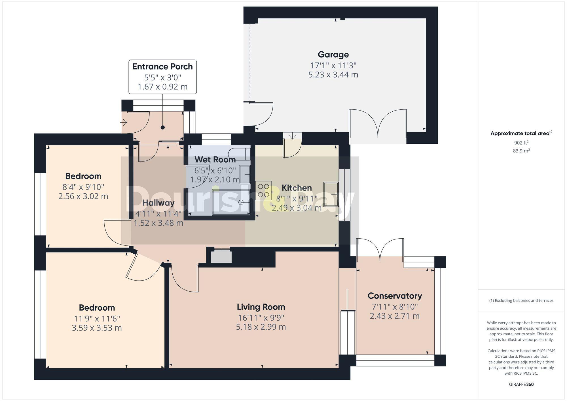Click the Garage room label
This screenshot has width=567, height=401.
pos(333,54)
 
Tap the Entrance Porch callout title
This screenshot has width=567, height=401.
pos(162,67)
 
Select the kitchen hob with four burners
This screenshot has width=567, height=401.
pos(263,190)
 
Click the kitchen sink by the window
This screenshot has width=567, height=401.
pos(331,194)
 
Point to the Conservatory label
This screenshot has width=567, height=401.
pos(395,296)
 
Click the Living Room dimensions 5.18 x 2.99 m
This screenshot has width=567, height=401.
pos(261,327)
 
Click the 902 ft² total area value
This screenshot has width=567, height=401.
pos(521,143)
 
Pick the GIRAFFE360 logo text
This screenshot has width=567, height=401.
pos(521,384)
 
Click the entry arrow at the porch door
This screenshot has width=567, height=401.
pos(124,123)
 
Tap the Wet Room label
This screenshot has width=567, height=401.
pos(215,160)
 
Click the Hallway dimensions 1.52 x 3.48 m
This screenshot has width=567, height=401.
pos(158,223)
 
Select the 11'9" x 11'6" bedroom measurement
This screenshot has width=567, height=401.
pos(97,318)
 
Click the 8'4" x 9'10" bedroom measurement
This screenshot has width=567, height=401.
pos(83,187)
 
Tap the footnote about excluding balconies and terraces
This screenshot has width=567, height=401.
pos(521,300)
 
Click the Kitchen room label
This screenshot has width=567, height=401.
pos(297,188)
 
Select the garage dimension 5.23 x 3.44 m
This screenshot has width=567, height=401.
pos(333,75)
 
